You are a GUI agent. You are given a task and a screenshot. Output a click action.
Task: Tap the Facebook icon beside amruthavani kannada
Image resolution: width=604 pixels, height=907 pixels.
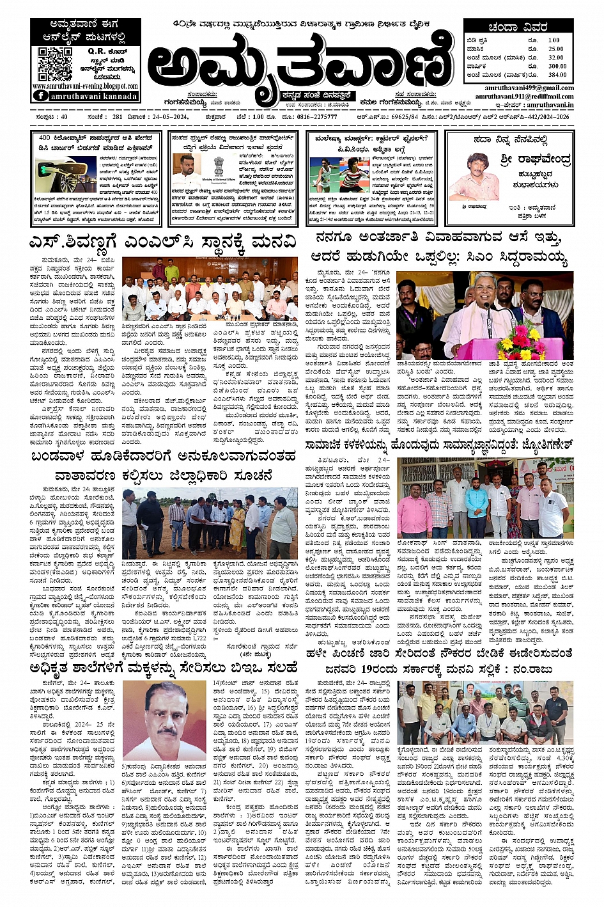click(42, 96)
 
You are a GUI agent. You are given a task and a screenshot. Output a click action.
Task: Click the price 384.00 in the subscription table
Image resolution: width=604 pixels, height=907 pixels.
click(557, 74)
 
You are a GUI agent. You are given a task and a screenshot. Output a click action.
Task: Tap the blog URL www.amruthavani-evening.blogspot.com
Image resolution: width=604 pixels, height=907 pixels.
click(85, 86)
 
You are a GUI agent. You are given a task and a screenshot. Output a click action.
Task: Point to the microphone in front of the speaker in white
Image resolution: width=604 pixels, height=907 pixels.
click(490, 312)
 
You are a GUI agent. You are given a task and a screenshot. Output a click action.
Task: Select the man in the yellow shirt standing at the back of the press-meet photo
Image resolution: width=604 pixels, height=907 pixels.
click(171, 271)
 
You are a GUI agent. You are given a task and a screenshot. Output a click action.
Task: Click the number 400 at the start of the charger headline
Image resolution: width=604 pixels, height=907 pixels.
click(44, 138)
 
